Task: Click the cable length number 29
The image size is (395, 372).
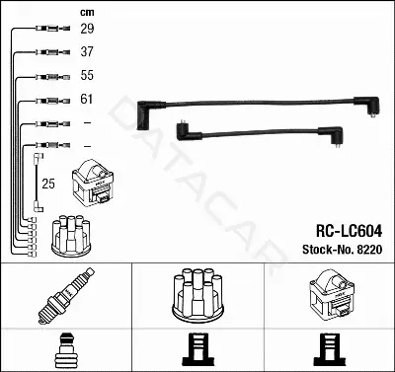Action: click(87, 29)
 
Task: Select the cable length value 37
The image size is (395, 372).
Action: click(87, 51)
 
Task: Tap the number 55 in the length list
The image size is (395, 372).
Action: click(87, 75)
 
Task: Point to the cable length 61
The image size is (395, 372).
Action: click(87, 99)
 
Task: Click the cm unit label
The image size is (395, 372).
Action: click(87, 13)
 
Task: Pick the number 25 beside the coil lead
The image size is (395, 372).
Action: click(48, 184)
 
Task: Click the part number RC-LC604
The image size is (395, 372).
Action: click(349, 231)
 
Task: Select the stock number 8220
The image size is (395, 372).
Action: click(369, 250)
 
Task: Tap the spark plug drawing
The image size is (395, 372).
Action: click(66, 296)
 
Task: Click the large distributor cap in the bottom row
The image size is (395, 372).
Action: click(197, 295)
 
